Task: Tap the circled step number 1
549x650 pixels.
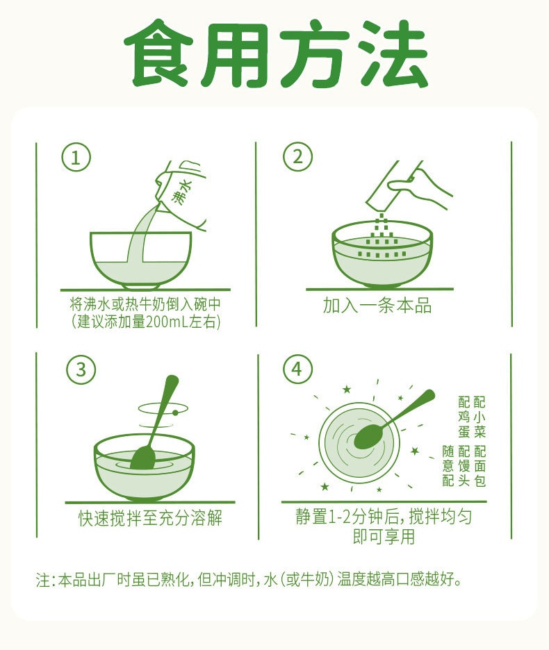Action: [x=76, y=158]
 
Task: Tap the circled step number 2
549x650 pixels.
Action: [x=297, y=158]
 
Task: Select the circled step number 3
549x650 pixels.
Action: [x=81, y=369]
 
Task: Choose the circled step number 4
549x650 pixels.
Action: [x=297, y=369]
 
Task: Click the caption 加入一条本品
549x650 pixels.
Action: [x=377, y=306]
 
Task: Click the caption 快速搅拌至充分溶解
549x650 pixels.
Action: [x=150, y=518]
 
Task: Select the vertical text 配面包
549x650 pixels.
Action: [x=480, y=465]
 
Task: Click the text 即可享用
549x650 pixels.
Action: [x=384, y=537]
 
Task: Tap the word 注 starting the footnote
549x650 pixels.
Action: [x=42, y=580]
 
